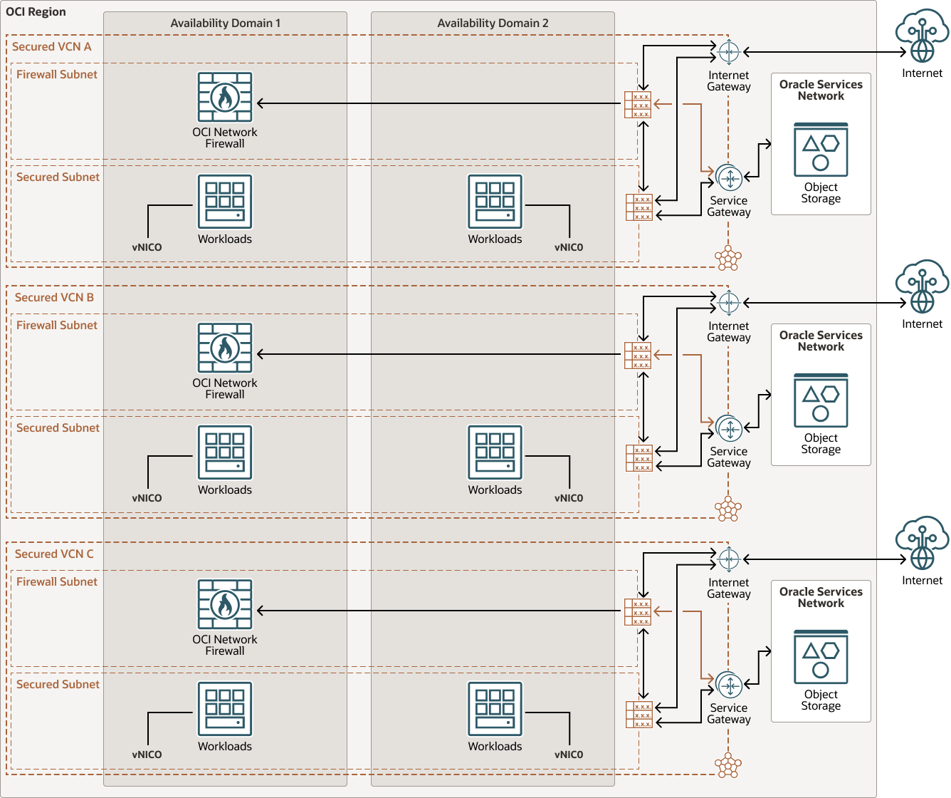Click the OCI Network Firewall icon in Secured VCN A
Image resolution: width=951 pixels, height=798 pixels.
tap(225, 98)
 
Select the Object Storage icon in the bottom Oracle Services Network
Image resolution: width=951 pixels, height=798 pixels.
tap(821, 656)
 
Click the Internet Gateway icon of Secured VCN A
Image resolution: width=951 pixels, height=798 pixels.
tap(729, 52)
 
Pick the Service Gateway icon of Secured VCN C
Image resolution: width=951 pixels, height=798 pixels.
tap(729, 685)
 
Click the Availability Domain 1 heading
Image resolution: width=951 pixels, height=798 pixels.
tap(225, 24)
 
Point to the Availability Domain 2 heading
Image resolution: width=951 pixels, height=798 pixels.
tap(493, 24)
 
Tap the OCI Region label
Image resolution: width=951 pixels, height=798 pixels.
tap(36, 12)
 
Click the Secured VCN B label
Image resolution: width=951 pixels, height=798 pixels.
tap(54, 298)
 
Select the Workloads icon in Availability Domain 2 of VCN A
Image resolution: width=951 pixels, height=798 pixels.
tap(495, 202)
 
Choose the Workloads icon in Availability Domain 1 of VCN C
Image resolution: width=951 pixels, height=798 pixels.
tap(225, 709)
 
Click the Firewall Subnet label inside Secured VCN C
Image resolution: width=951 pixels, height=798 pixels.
tap(57, 582)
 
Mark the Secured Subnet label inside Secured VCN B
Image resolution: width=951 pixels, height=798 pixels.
tap(58, 428)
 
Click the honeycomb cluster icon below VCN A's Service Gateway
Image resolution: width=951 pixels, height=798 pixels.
tap(728, 258)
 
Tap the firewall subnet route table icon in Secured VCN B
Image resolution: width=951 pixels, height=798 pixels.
tap(638, 356)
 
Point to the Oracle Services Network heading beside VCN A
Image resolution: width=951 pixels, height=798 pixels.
tap(821, 90)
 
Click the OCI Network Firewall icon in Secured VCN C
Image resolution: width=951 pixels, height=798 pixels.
tap(225, 605)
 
